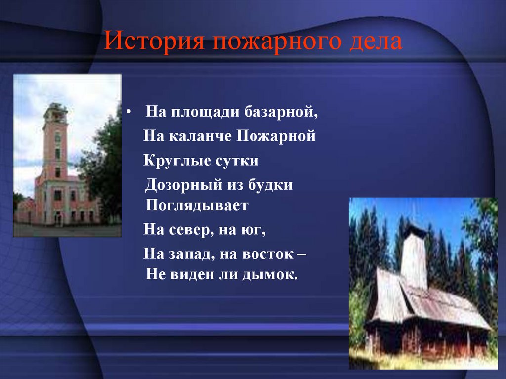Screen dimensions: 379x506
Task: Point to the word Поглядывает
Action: coord(197,205)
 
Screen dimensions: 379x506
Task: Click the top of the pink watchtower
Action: coord(55,112)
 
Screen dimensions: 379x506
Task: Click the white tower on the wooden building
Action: coord(414,257)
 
